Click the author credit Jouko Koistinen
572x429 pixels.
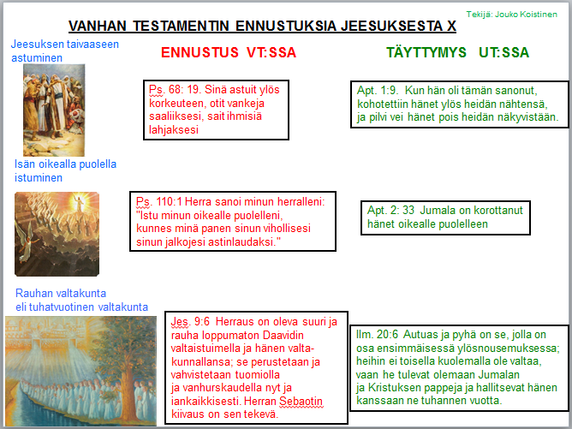pos(526,15)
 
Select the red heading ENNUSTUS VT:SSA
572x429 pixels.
pos(229,52)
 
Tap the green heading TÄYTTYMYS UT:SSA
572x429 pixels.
pos(457,52)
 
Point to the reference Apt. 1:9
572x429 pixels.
pos(378,91)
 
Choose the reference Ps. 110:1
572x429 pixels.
pos(160,202)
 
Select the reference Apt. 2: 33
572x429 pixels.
pos(390,210)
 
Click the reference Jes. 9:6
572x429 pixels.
pos(190,321)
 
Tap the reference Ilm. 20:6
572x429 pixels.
pos(378,334)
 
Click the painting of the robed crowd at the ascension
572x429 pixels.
pos(54,110)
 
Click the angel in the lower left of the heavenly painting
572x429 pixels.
pos(27,241)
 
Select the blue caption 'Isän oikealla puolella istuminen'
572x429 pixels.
pos(65,170)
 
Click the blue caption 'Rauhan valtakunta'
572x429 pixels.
pos(61,294)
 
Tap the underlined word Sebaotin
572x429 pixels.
pos(301,402)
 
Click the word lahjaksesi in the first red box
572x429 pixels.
pos(174,129)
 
